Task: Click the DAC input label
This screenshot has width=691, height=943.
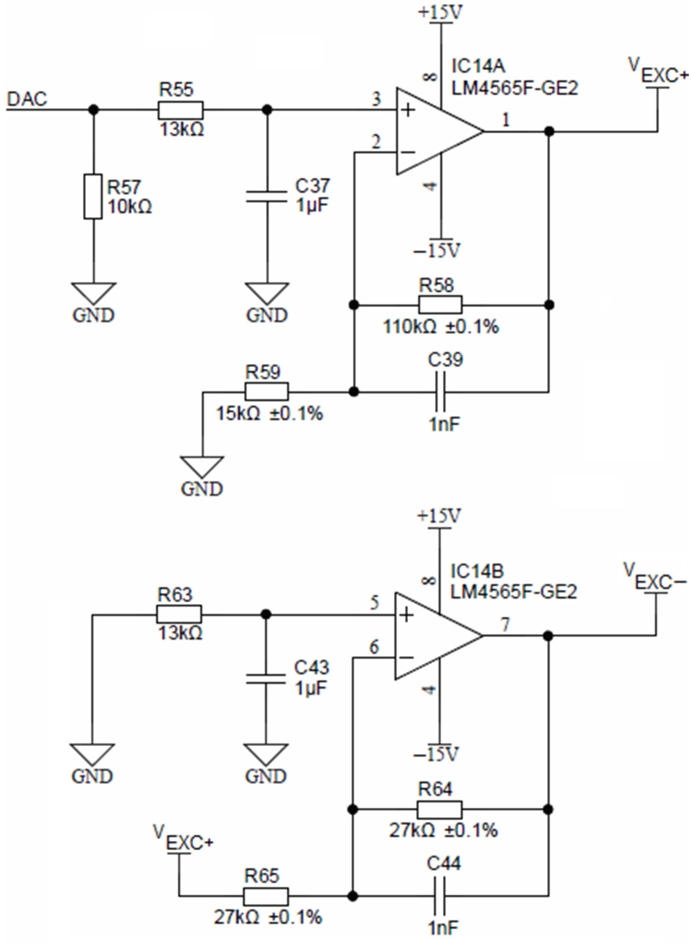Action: tap(27, 99)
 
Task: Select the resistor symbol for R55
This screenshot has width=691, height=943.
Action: tap(180, 110)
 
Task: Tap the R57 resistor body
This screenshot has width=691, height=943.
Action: tap(93, 196)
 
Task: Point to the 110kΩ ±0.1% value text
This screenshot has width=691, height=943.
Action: tap(441, 327)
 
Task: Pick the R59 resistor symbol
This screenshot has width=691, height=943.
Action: tap(266, 392)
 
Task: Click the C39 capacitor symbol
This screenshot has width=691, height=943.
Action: tap(440, 392)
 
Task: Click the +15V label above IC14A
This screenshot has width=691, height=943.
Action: tap(440, 13)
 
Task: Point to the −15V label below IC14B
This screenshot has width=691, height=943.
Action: tap(437, 753)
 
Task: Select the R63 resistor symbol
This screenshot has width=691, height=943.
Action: tap(179, 615)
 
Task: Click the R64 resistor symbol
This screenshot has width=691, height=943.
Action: tap(439, 809)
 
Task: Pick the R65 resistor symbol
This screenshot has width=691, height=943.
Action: tap(265, 897)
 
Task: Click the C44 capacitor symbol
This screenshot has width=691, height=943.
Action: tap(439, 897)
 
